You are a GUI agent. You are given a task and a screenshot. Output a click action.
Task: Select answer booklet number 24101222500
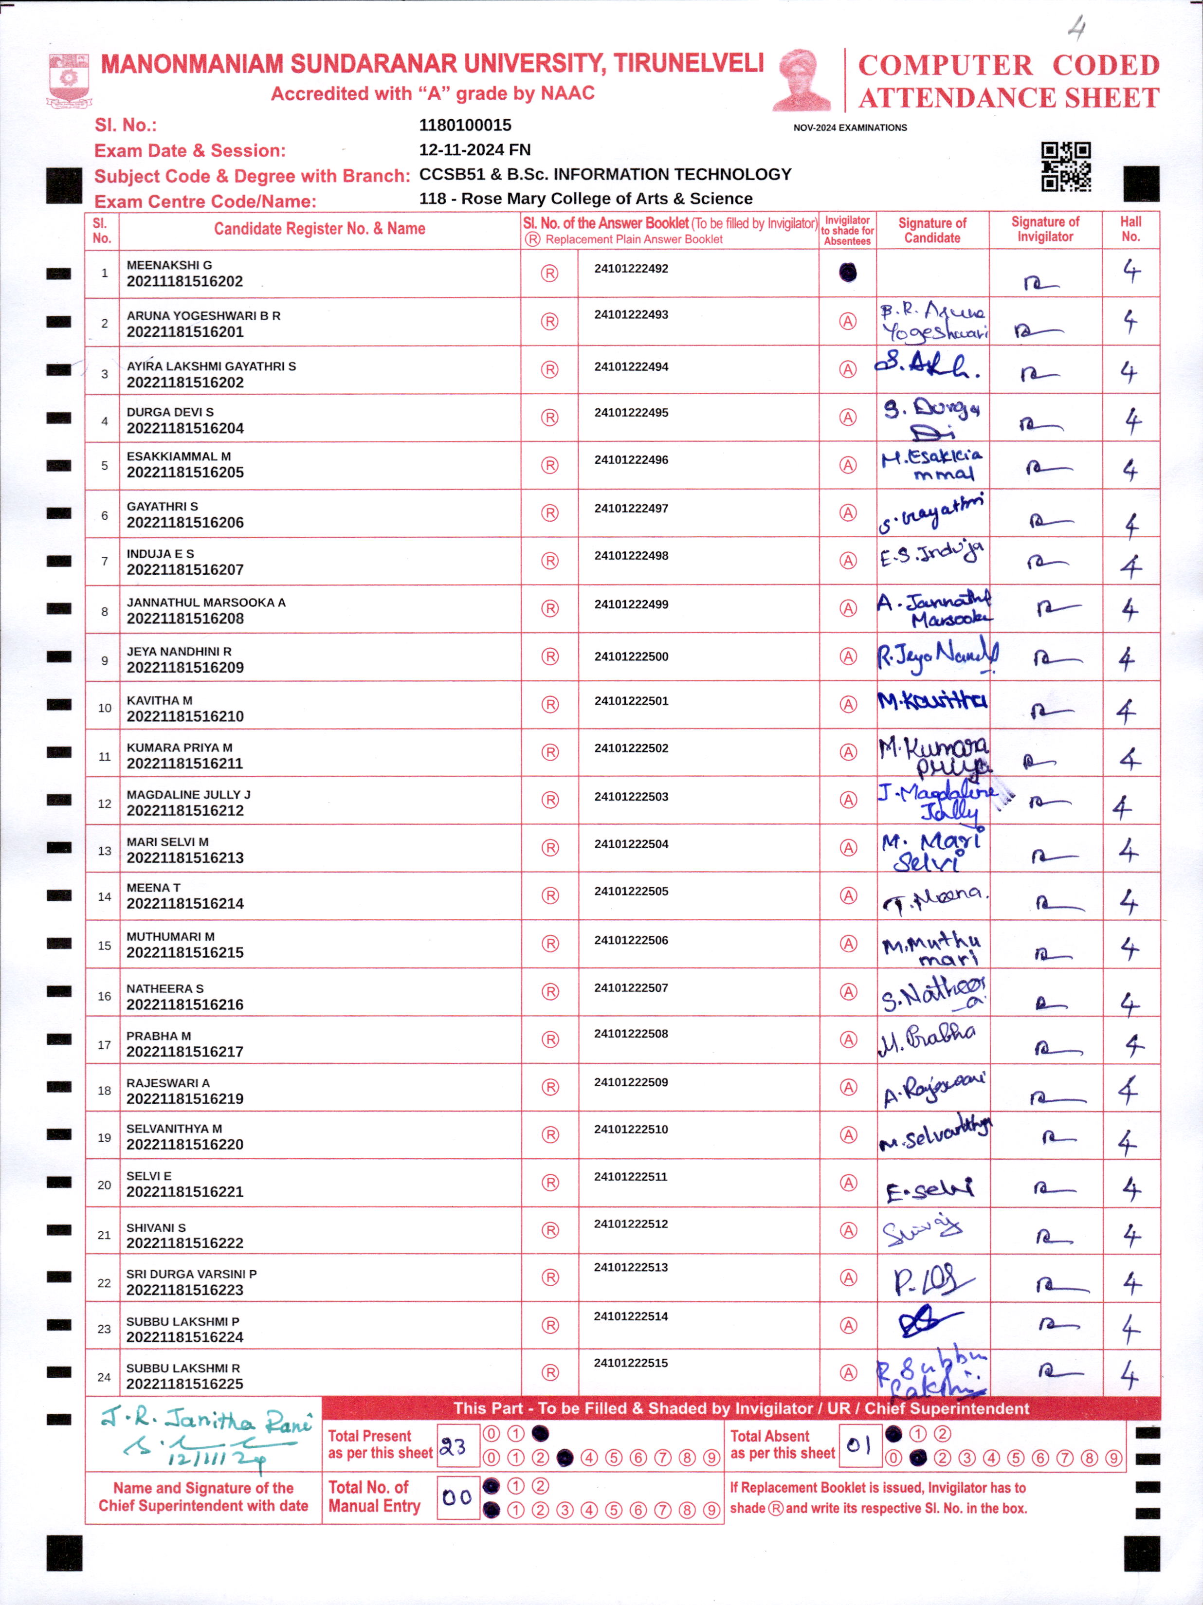click(631, 657)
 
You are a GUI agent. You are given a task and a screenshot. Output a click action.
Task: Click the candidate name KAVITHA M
click(159, 700)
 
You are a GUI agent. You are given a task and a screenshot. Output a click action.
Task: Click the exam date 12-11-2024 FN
click(474, 149)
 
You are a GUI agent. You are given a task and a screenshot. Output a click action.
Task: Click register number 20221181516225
click(184, 1384)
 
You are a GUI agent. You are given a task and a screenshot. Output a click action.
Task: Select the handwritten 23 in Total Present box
click(454, 1447)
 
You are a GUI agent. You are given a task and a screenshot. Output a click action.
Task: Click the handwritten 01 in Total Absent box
click(858, 1445)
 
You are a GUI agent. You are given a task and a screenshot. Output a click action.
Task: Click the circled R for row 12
click(550, 800)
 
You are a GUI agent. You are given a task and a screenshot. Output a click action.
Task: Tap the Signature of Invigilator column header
click(1045, 229)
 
